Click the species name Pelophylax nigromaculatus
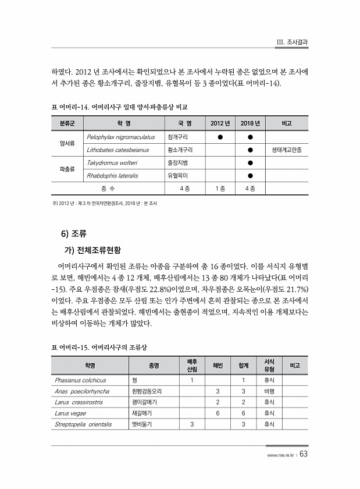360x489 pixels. coord(120,137)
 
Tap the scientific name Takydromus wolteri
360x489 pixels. coord(112,162)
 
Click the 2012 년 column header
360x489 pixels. coord(220,123)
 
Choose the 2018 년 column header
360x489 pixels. coord(249,123)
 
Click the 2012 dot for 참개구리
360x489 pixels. coord(220,137)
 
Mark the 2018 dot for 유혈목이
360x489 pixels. coord(249,175)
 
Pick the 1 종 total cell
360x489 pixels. coord(220,188)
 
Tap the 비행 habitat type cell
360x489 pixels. coord(269,391)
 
